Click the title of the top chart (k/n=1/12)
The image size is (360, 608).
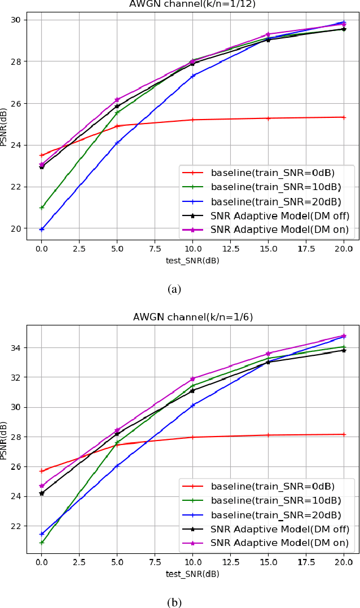point(192,4)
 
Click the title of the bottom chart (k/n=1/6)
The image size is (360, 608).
point(192,317)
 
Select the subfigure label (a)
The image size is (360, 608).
point(174,289)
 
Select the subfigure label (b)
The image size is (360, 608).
point(174,602)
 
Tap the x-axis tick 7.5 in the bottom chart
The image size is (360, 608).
point(155,562)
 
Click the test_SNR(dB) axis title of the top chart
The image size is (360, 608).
point(192,260)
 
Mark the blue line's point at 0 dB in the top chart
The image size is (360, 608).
point(41,229)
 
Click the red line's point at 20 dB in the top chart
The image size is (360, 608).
point(344,117)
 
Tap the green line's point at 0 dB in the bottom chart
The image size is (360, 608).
point(41,543)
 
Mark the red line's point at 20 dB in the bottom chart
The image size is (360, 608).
point(344,434)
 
